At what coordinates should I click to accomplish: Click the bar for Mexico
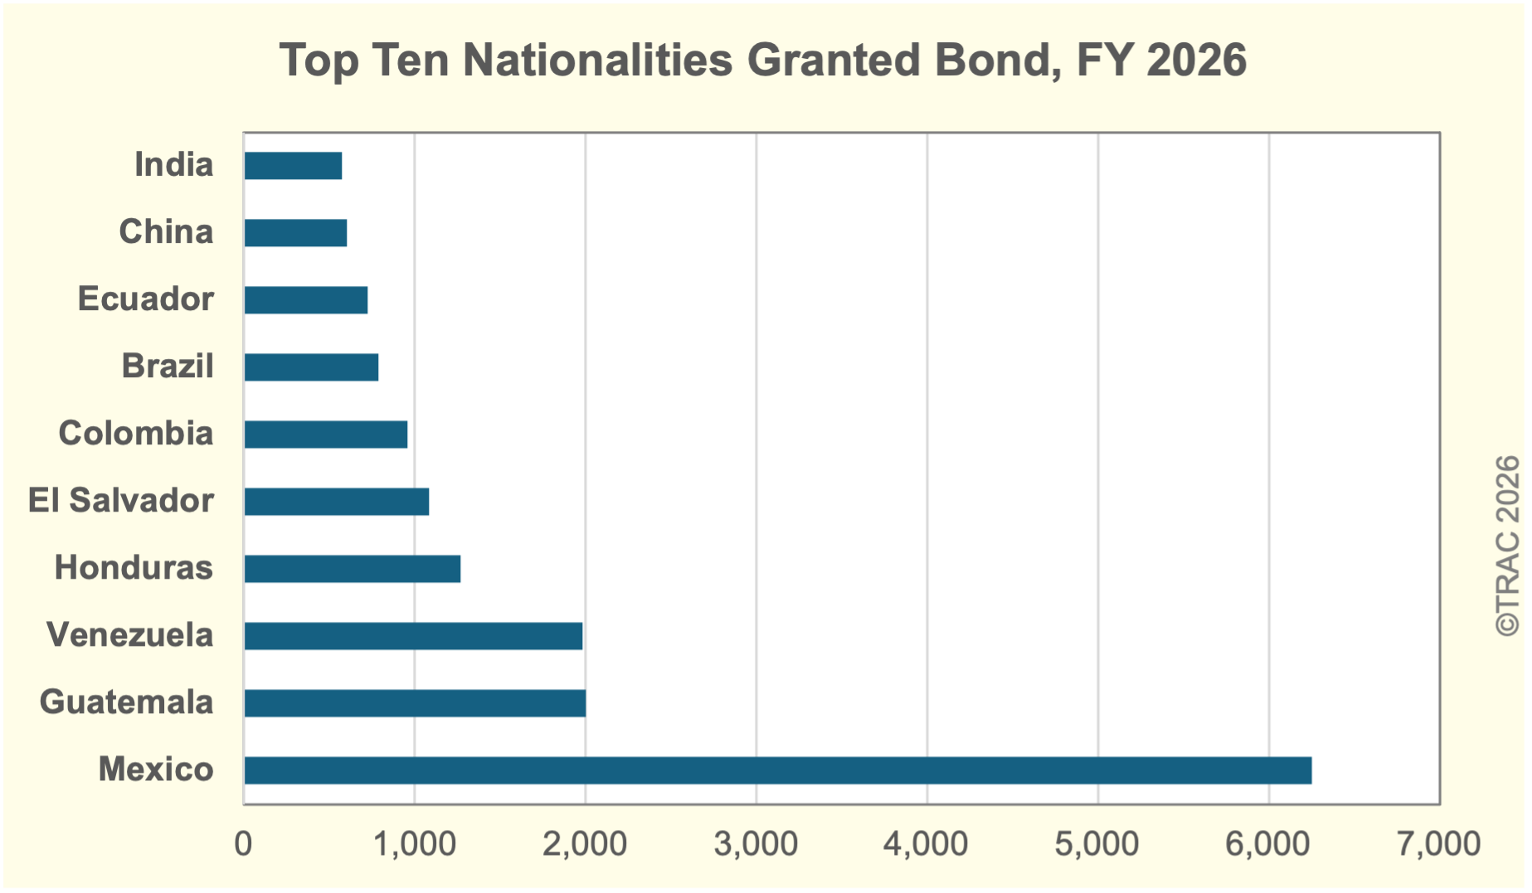[x=778, y=770]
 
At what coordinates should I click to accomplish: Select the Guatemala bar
[x=415, y=703]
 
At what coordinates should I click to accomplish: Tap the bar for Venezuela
[x=413, y=636]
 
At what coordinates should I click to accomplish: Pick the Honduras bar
[x=353, y=569]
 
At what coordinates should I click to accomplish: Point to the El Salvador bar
[x=337, y=502]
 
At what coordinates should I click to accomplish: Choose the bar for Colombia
[x=326, y=434]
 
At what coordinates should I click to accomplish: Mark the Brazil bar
[x=311, y=367]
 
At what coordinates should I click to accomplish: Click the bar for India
[x=293, y=166]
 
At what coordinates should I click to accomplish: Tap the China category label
[x=166, y=231]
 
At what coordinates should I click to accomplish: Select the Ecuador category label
[x=146, y=298]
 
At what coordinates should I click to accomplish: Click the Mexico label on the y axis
[x=156, y=769]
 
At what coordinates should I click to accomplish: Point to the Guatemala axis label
[x=127, y=701]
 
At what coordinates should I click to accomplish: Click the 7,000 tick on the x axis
[x=1439, y=843]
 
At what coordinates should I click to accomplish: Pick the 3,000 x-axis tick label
[x=756, y=843]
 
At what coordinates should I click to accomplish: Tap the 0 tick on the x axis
[x=243, y=843]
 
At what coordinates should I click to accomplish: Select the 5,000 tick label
[x=1097, y=843]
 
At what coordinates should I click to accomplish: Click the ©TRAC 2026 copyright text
[x=1507, y=546]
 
